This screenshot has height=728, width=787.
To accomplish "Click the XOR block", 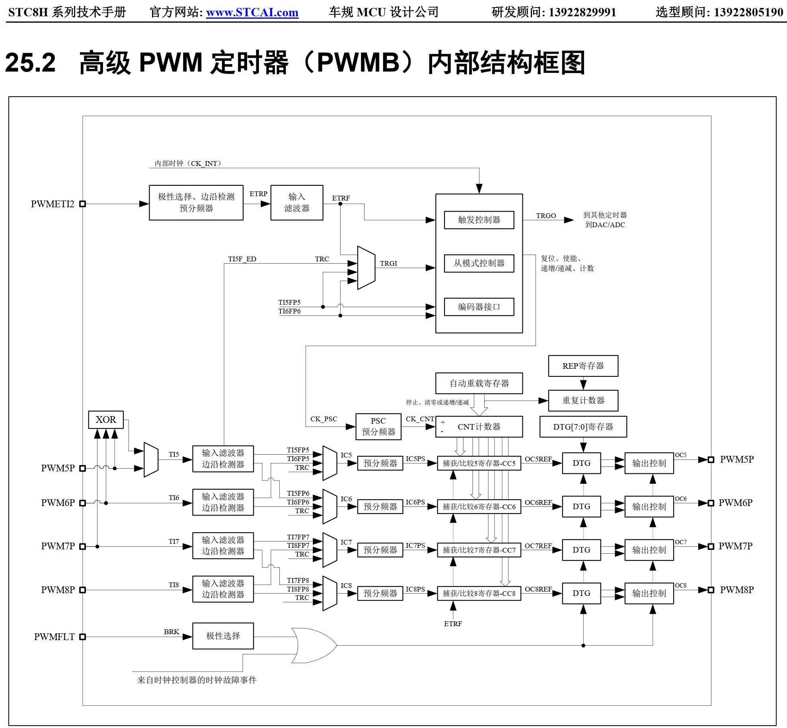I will click(x=106, y=420).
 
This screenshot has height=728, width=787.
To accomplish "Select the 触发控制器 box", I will click(x=479, y=220).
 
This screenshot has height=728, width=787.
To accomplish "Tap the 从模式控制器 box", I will click(x=479, y=263).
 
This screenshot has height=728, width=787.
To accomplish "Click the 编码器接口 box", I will click(x=479, y=307).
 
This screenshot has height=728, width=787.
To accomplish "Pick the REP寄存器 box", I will click(x=583, y=366).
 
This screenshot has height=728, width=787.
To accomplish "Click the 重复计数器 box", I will click(x=583, y=401).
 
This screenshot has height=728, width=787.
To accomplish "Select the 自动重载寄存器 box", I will click(x=479, y=383).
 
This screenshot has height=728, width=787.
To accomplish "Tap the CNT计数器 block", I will click(x=479, y=427).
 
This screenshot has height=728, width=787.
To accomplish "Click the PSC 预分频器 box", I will click(x=378, y=426).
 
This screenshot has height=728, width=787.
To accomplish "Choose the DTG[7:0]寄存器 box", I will click(x=583, y=427).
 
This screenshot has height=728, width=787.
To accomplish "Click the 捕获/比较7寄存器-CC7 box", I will click(x=479, y=550).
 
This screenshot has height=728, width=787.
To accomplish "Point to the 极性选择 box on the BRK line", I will click(x=223, y=636).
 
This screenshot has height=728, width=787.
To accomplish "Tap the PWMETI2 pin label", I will click(x=53, y=204).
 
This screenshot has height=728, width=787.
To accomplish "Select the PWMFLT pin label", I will click(x=54, y=637).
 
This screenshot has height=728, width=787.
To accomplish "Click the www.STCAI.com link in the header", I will click(x=252, y=12).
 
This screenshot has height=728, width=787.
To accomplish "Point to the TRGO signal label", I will click(x=546, y=216).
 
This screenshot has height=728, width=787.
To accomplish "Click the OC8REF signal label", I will click(x=538, y=589).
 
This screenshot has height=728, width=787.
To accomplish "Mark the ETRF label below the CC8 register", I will click(x=453, y=624).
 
